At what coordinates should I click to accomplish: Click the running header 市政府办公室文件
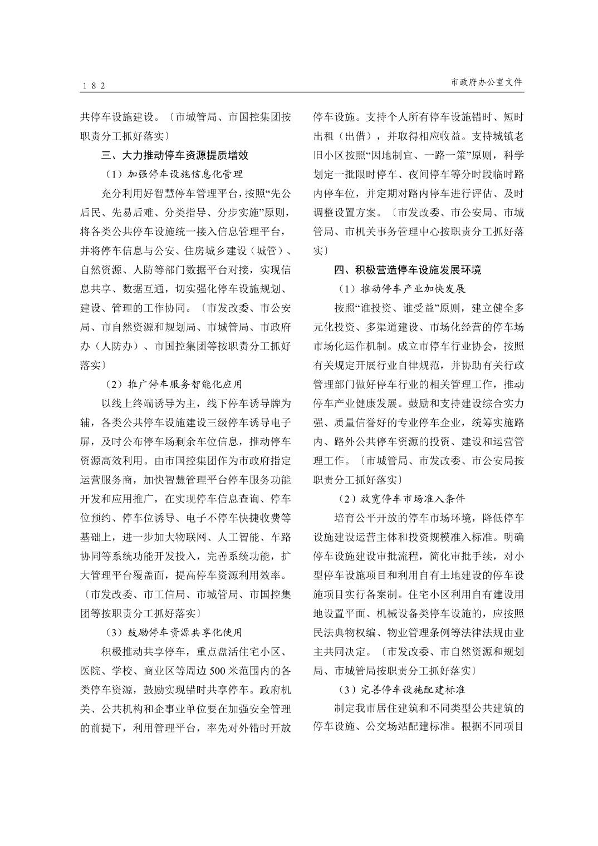[x=487, y=82]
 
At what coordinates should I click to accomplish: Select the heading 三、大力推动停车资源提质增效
[x=175, y=155]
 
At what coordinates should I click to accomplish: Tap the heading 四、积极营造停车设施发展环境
[x=408, y=270]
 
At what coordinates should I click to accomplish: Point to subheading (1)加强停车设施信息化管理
[x=174, y=174]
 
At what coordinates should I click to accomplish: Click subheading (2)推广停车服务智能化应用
[x=174, y=384]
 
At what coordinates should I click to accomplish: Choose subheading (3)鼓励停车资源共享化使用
[x=174, y=632]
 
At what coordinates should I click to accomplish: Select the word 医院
[x=91, y=670]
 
